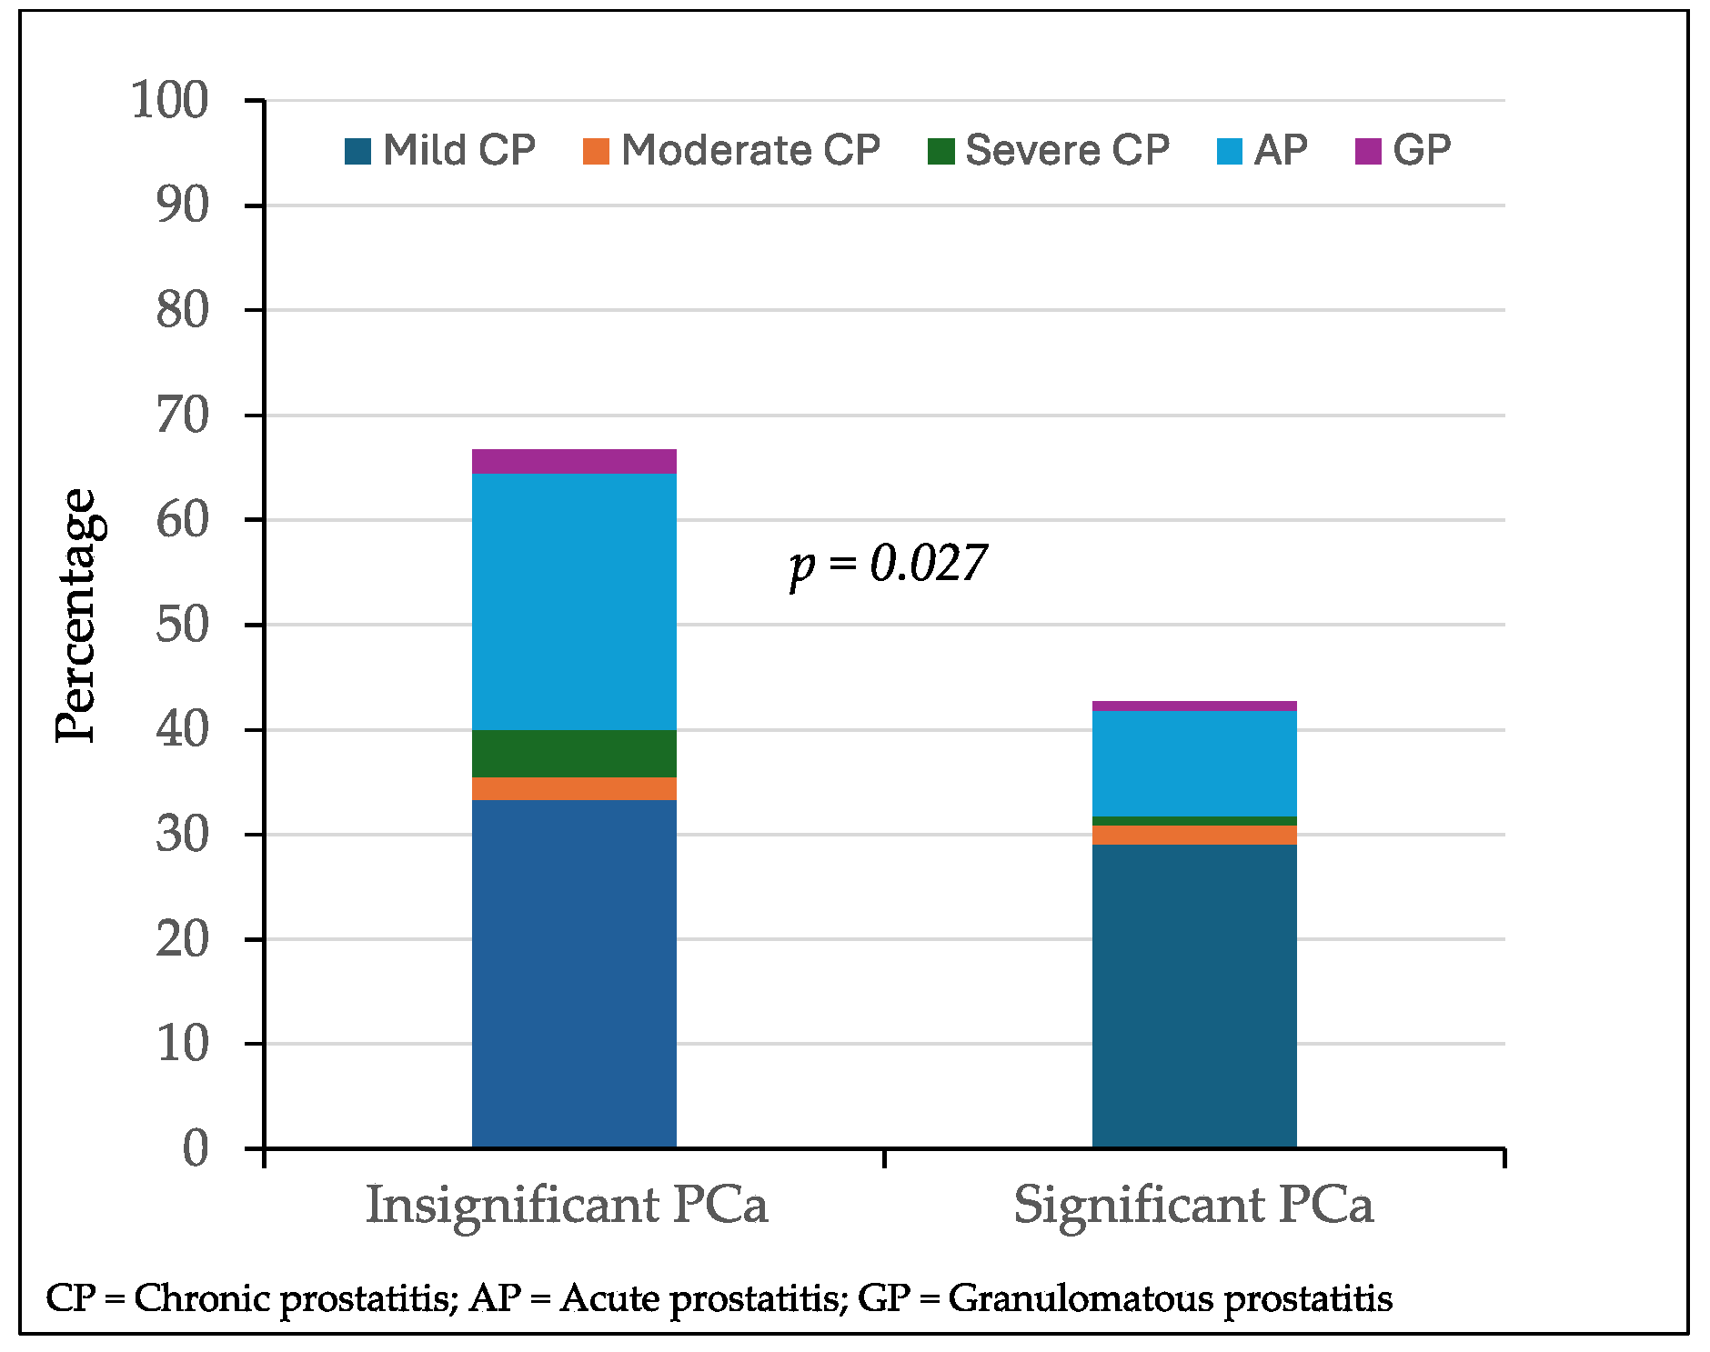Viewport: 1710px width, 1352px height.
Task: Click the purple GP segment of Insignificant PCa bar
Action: [x=574, y=461]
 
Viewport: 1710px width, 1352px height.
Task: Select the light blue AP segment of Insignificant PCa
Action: [x=574, y=601]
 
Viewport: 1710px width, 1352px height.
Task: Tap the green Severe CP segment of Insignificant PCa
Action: [x=574, y=753]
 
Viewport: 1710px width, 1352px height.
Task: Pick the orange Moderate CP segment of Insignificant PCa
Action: [x=574, y=788]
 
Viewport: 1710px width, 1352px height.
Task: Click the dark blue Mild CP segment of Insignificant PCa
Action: [x=574, y=973]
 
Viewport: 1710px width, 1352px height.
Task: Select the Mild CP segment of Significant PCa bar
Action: [x=1193, y=996]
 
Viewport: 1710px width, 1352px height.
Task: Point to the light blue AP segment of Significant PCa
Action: [x=1193, y=763]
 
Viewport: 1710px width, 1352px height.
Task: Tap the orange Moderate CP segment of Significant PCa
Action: [x=1193, y=835]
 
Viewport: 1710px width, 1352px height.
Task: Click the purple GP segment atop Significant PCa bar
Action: [x=1193, y=706]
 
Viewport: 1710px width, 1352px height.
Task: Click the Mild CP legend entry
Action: [x=441, y=150]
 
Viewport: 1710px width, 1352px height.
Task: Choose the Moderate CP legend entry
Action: [x=732, y=150]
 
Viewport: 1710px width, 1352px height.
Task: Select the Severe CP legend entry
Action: [x=1049, y=150]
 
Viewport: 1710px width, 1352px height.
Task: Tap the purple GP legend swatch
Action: [x=1367, y=151]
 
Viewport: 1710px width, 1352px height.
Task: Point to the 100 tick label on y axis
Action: [x=170, y=100]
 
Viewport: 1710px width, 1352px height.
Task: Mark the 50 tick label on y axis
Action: [x=182, y=625]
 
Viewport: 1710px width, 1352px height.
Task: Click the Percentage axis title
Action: [x=76, y=616]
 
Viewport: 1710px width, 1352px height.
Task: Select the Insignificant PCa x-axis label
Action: [x=567, y=1205]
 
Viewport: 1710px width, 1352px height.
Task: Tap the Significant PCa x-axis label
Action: [x=1192, y=1205]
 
